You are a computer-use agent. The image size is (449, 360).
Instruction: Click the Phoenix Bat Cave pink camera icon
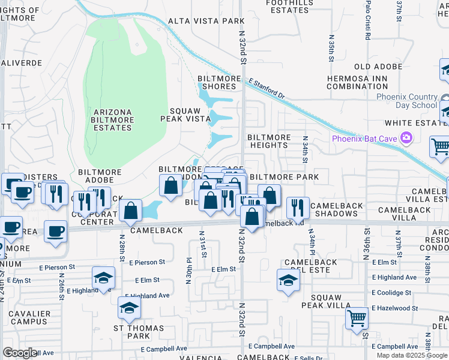click(x=406, y=139)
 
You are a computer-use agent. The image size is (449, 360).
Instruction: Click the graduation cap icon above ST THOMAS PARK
click(x=130, y=308)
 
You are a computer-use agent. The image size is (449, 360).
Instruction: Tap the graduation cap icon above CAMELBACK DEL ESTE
click(x=288, y=280)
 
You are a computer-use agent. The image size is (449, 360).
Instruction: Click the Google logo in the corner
click(x=20, y=353)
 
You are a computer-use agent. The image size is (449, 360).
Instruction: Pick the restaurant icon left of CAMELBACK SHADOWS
click(x=298, y=208)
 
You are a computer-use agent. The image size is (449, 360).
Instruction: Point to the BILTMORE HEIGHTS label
click(x=269, y=141)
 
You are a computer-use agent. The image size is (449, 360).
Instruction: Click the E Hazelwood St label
click(x=394, y=308)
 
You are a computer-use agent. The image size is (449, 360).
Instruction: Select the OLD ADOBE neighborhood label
click(x=378, y=67)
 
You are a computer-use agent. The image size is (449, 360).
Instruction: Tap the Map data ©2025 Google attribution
click(x=412, y=355)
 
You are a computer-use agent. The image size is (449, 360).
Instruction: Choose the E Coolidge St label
click(x=391, y=293)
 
